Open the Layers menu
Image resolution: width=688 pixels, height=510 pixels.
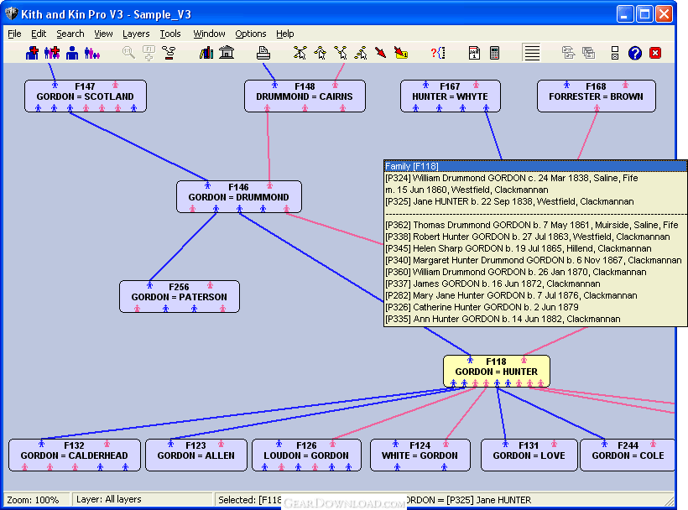click(136, 34)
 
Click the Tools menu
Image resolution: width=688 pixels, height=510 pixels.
click(170, 34)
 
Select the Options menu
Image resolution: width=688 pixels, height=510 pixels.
click(251, 34)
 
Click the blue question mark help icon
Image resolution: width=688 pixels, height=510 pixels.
click(635, 53)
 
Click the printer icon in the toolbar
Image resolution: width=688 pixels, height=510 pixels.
click(263, 53)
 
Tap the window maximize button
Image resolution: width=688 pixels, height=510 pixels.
click(644, 14)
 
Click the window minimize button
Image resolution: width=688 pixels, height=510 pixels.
click(625, 14)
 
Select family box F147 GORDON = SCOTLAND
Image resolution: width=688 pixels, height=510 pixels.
click(86, 96)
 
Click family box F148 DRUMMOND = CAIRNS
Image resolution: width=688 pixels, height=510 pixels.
click(305, 96)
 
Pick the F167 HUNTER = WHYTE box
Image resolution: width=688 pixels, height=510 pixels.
click(451, 96)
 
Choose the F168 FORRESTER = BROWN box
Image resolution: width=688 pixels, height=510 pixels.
click(597, 96)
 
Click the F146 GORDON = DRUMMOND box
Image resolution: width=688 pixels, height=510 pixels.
click(238, 197)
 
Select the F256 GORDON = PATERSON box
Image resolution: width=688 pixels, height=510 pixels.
click(180, 296)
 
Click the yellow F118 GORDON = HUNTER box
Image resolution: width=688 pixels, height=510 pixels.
click(496, 372)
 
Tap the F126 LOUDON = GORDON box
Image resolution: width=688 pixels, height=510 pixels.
click(306, 455)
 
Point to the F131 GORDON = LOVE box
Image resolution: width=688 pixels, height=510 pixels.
click(529, 455)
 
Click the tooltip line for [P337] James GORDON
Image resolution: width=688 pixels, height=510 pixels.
click(493, 284)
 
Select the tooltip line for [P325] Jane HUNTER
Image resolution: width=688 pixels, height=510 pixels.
click(509, 201)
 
